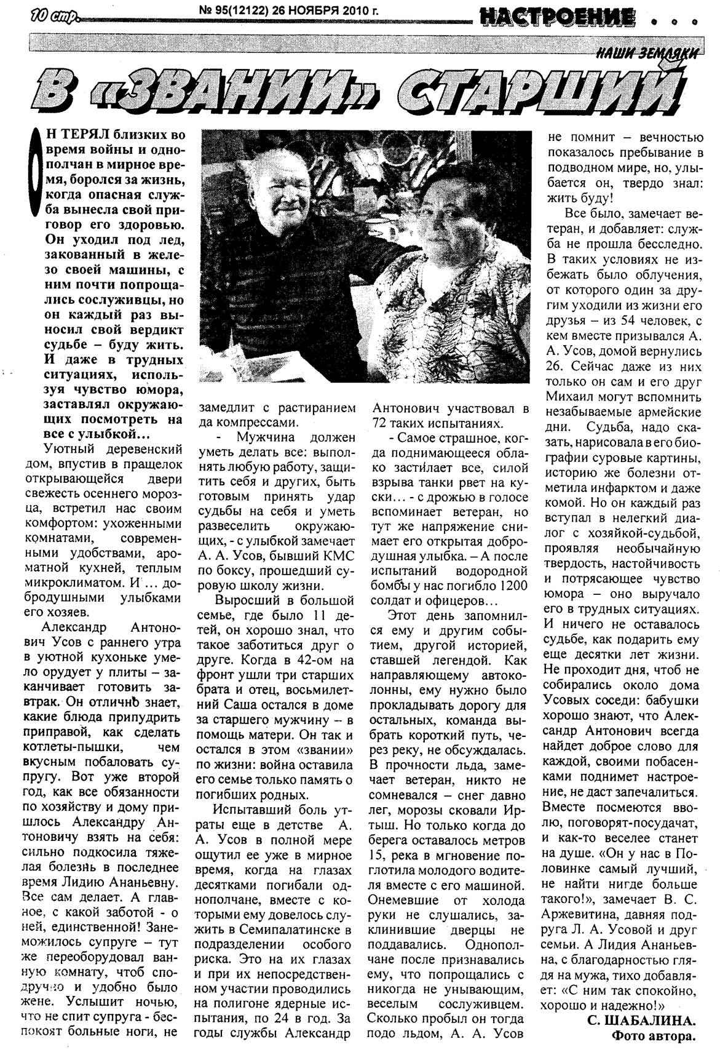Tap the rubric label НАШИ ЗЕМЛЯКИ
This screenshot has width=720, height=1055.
tap(648, 54)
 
